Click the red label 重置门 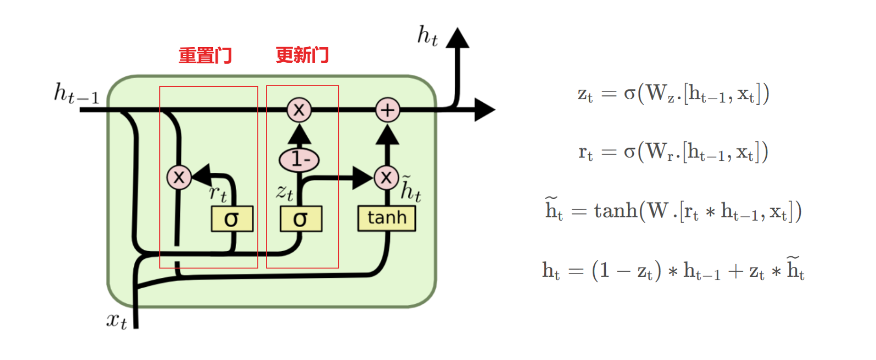click(205, 55)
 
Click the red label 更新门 click(302, 55)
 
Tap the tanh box click(386, 218)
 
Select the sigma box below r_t click(232, 219)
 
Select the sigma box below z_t click(301, 219)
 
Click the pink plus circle click(387, 110)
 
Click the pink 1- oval click(299, 159)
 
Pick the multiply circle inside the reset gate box click(179, 177)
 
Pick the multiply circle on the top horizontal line click(299, 110)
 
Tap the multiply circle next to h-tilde click(386, 177)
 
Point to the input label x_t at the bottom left click(116, 320)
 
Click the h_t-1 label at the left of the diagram click(76, 94)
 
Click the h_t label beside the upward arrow click(427, 36)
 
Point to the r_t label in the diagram click(217, 193)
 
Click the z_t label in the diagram click(285, 192)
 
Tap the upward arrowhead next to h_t click(457, 38)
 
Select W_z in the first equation click(660, 94)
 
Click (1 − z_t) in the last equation click(626, 271)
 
